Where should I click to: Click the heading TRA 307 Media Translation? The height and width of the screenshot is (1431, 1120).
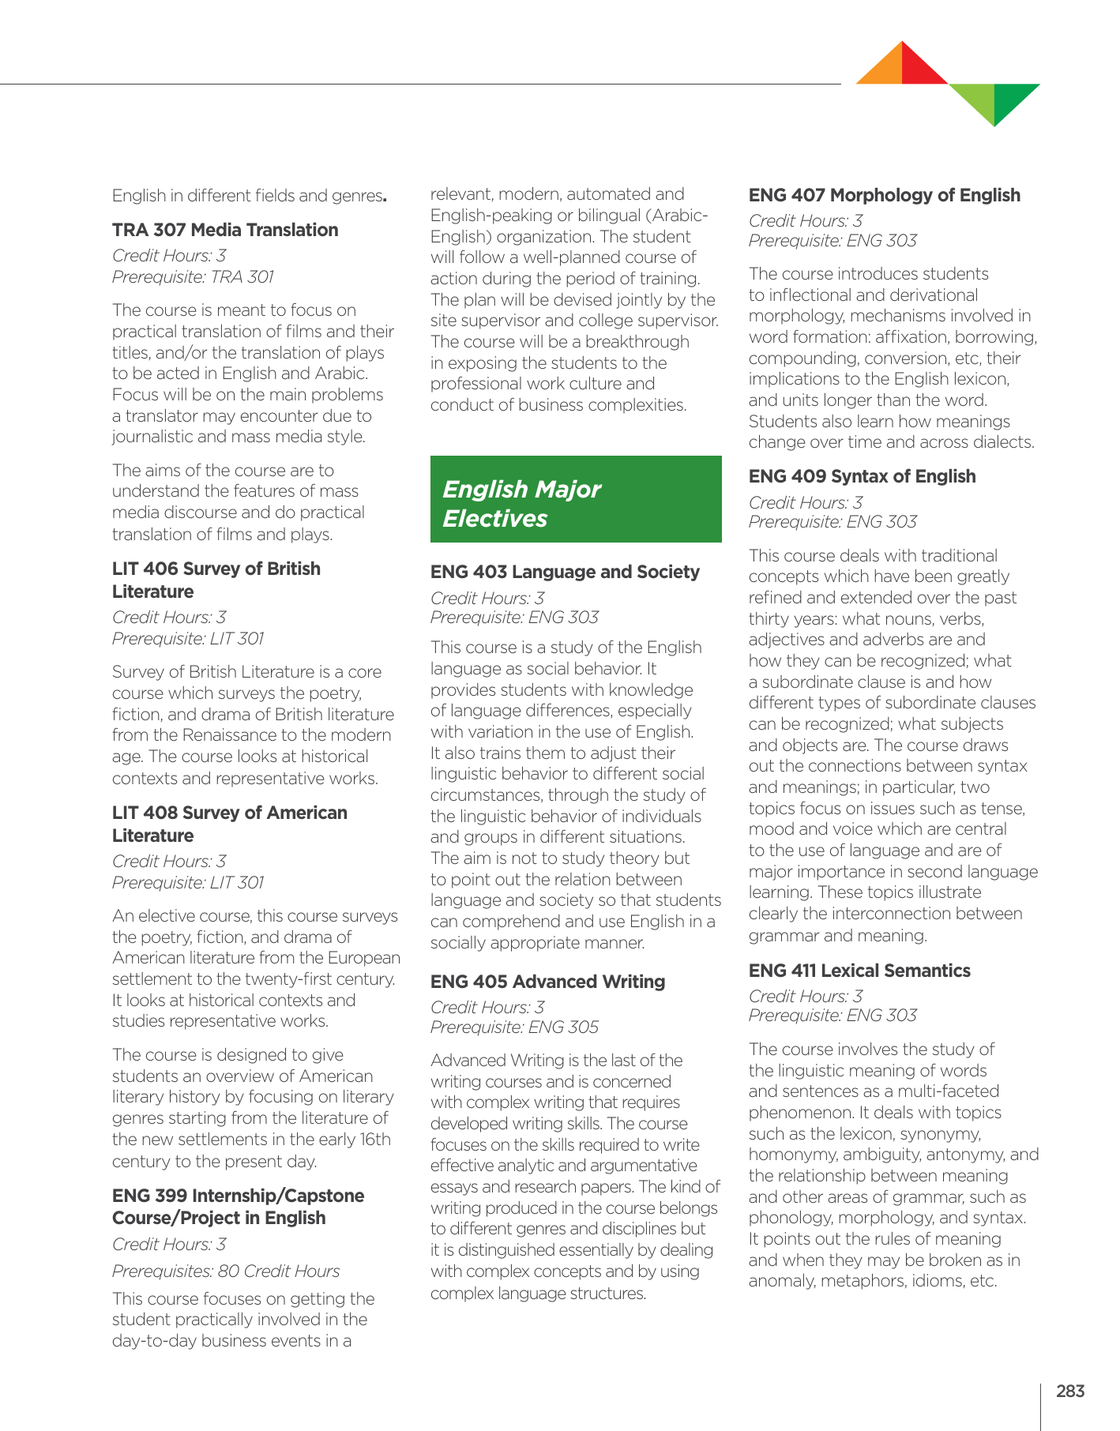click(225, 230)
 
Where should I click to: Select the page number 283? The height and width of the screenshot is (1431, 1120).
click(1069, 1392)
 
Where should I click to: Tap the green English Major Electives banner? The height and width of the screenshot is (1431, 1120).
click(576, 500)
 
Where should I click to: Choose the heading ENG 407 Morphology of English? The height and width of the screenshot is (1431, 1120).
click(884, 195)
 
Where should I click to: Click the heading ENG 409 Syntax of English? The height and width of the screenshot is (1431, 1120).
click(862, 476)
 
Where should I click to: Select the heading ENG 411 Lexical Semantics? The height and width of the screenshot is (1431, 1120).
click(859, 971)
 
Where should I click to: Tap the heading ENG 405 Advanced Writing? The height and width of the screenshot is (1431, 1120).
click(547, 982)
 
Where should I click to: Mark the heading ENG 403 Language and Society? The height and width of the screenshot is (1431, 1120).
click(565, 572)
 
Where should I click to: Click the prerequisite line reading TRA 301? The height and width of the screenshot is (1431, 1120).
click(193, 276)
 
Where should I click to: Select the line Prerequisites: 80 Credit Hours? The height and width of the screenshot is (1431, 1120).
click(226, 1271)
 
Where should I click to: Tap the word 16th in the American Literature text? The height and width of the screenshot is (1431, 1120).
click(374, 1140)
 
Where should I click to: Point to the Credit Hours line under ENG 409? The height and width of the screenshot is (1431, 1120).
click(806, 502)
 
